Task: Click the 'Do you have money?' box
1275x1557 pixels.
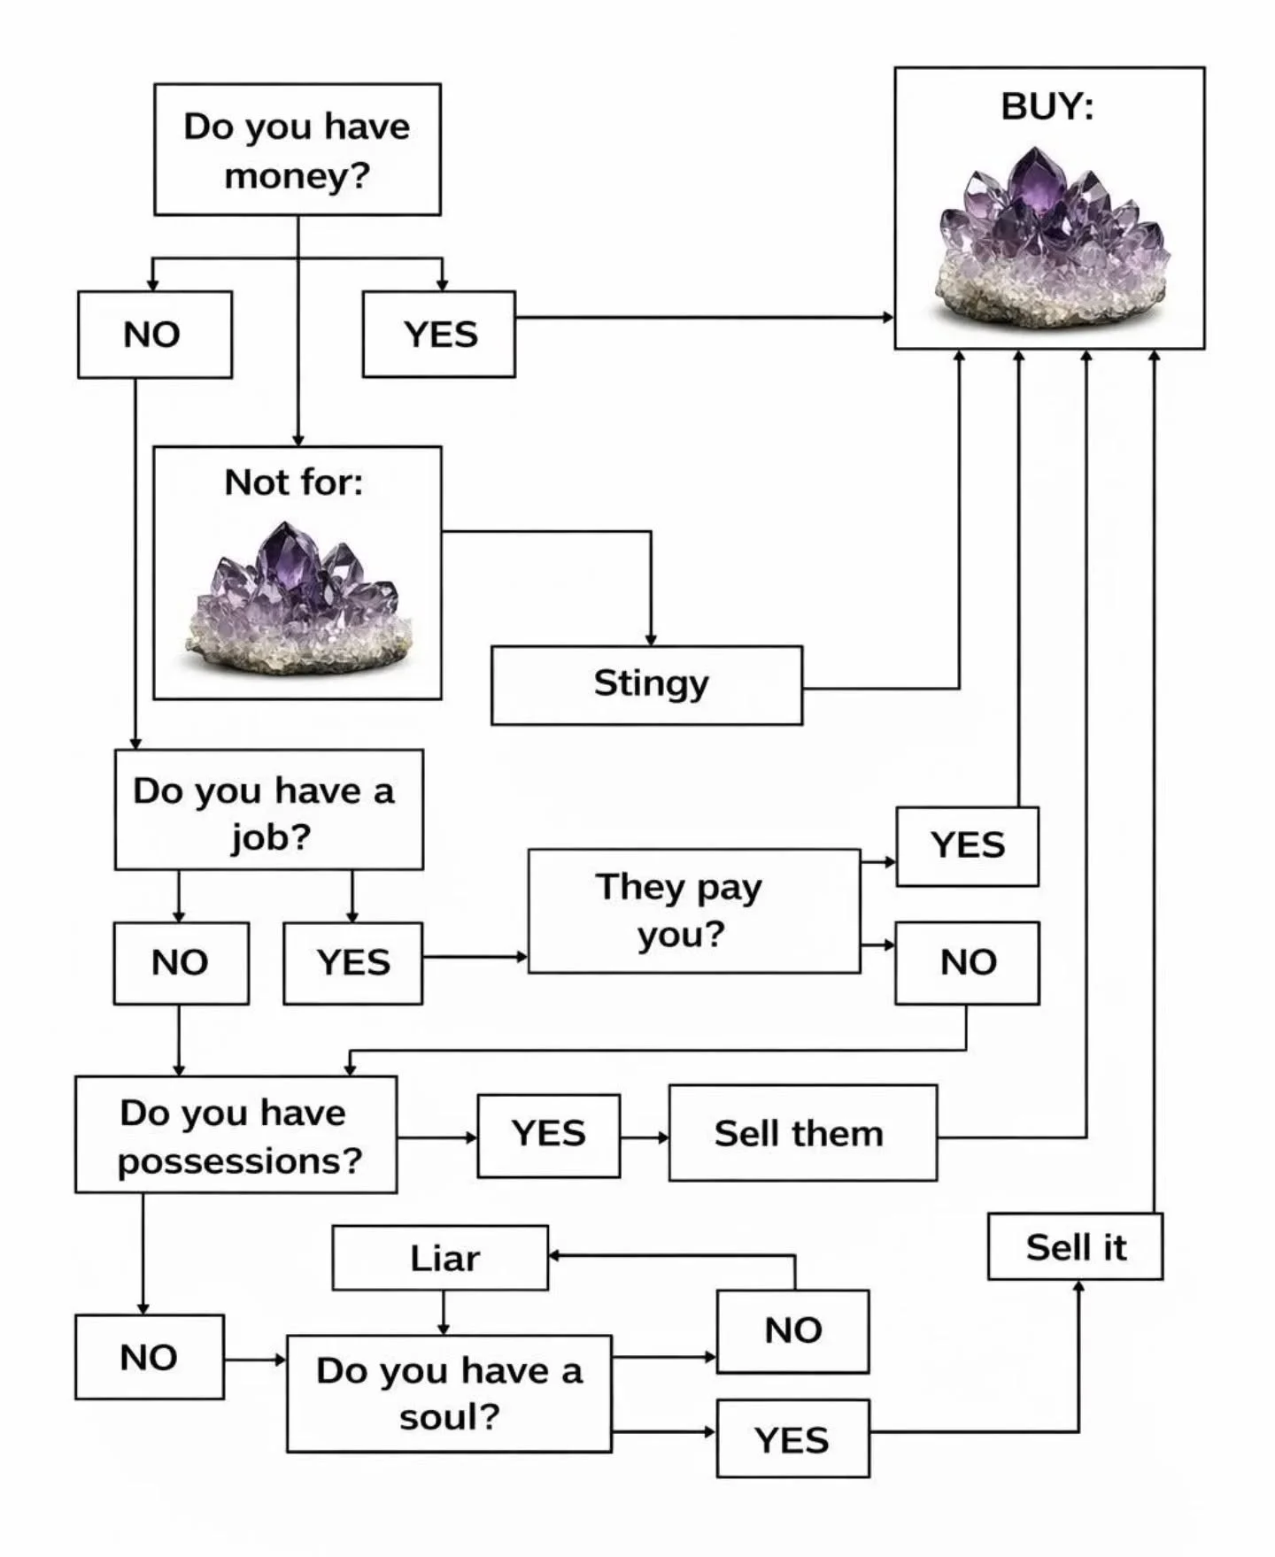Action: (297, 150)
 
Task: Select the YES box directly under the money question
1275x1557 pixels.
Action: (439, 335)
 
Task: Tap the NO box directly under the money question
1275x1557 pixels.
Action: (154, 335)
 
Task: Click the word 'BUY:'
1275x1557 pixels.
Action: (1047, 107)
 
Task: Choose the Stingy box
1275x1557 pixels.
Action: (647, 685)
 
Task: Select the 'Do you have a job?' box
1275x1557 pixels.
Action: (268, 810)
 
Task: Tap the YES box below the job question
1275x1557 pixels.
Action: (352, 963)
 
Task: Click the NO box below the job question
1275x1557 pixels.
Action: (181, 963)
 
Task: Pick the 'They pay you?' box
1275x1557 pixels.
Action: (693, 911)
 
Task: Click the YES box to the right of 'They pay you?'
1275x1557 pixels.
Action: (967, 846)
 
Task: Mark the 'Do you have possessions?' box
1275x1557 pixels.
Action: (236, 1135)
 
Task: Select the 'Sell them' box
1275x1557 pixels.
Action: (802, 1133)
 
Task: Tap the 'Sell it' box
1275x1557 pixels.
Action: (1075, 1246)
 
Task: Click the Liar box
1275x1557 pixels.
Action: (440, 1258)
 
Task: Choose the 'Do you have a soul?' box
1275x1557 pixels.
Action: (449, 1393)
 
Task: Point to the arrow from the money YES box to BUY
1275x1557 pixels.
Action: (704, 317)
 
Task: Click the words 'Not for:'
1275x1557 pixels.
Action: (293, 483)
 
